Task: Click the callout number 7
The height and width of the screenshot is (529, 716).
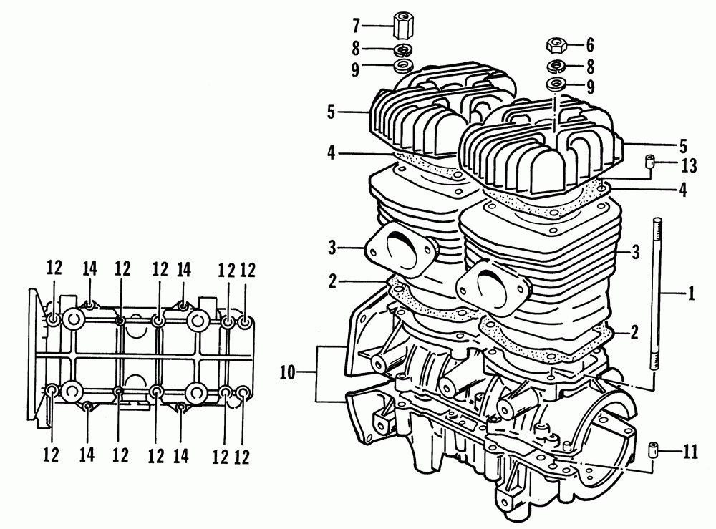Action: (x=356, y=26)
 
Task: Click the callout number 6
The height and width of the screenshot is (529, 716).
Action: (x=589, y=46)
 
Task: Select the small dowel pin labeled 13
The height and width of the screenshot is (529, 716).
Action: (x=649, y=162)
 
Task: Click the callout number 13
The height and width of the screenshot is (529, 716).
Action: (x=689, y=165)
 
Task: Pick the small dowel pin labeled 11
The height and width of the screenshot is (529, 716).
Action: (x=652, y=450)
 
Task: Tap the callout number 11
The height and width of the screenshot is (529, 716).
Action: (x=690, y=452)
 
